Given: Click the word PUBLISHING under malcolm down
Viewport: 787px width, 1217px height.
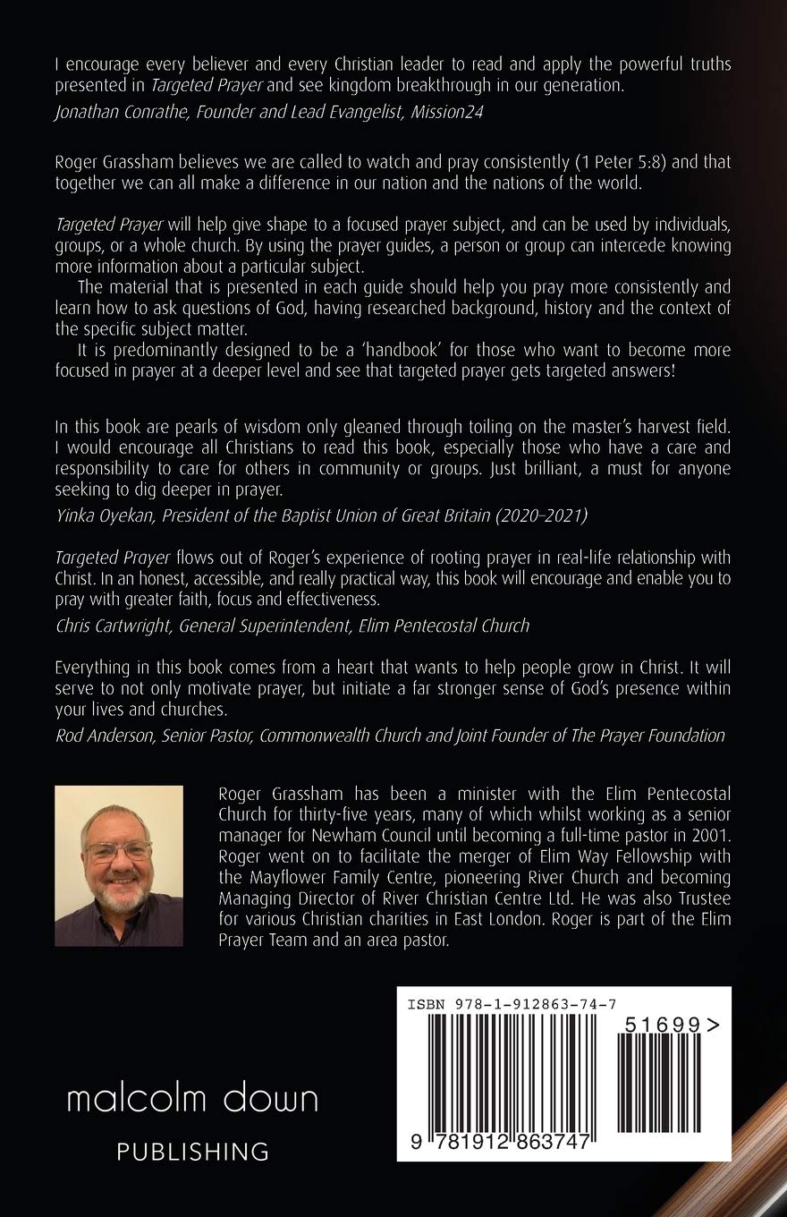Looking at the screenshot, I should (193, 1152).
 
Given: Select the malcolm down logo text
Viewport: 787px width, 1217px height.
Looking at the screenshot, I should (192, 1100).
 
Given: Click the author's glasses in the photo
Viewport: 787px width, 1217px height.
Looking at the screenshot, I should (117, 850).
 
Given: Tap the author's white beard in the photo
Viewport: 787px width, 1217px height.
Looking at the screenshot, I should (119, 898).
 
